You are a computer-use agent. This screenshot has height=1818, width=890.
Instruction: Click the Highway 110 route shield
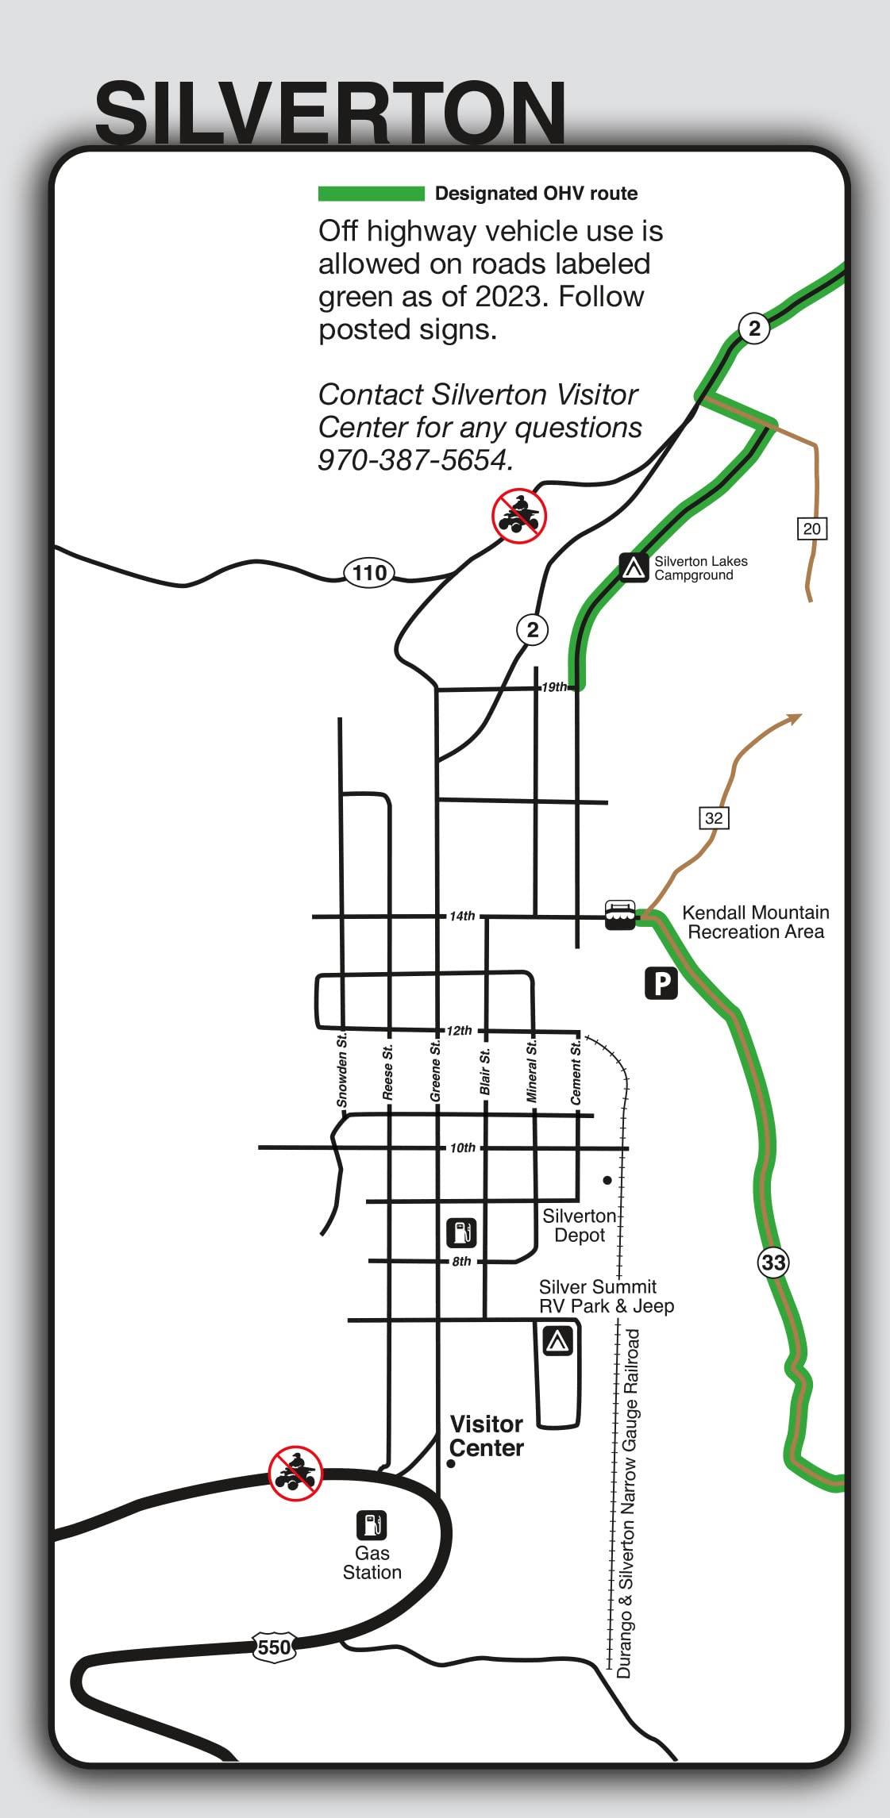pyautogui.click(x=370, y=572)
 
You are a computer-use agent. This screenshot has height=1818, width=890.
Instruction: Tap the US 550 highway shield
pyautogui.click(x=274, y=1647)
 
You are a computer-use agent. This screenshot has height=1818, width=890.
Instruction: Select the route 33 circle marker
pyautogui.click(x=772, y=1262)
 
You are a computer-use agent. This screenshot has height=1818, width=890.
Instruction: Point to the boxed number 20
pyautogui.click(x=811, y=528)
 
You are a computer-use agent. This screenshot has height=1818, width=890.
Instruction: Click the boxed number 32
pyautogui.click(x=714, y=818)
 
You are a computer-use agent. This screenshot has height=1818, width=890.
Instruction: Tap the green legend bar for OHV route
pyautogui.click(x=371, y=194)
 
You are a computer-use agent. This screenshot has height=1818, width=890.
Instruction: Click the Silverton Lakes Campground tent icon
pyautogui.click(x=634, y=567)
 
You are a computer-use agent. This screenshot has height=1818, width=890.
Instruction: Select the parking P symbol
pyautogui.click(x=661, y=983)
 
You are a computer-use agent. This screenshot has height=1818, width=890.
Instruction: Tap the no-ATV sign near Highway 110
pyautogui.click(x=519, y=516)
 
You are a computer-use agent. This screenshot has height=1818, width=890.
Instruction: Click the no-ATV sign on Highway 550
pyautogui.click(x=295, y=1473)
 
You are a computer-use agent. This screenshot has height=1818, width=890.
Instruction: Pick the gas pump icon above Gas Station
pyautogui.click(x=371, y=1524)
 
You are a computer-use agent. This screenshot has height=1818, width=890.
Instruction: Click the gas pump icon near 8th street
pyautogui.click(x=461, y=1232)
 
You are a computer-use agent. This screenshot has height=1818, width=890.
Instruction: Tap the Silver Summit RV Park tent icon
pyautogui.click(x=557, y=1340)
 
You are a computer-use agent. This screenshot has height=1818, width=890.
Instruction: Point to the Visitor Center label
pyautogui.click(x=486, y=1436)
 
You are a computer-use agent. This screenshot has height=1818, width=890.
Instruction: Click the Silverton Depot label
pyautogui.click(x=579, y=1225)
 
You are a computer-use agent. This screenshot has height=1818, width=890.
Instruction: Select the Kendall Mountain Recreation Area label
pyautogui.click(x=755, y=922)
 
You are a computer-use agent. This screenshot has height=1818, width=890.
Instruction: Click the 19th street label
pyautogui.click(x=554, y=687)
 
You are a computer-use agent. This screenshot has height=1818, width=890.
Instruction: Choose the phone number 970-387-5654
pyautogui.click(x=414, y=460)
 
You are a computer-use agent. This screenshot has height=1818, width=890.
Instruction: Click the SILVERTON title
pyautogui.click(x=330, y=113)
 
